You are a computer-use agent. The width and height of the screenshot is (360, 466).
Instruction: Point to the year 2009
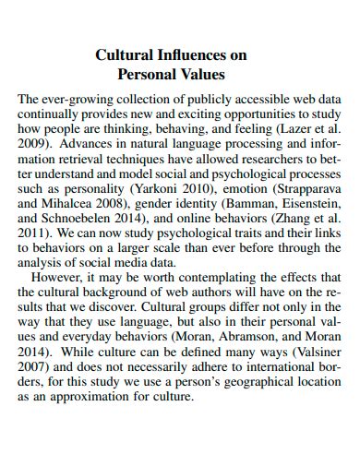coord(35,145)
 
